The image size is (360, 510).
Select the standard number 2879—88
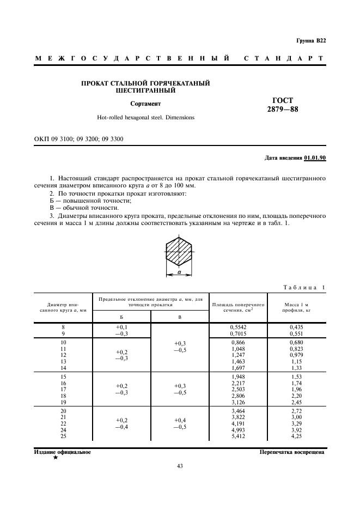click(x=283, y=109)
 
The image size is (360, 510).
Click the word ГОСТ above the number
click(x=283, y=100)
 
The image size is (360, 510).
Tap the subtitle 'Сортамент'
click(x=145, y=102)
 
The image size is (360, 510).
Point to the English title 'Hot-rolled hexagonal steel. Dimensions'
click(x=145, y=117)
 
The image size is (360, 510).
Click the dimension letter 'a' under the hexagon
click(x=178, y=271)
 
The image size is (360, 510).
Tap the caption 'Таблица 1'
click(x=304, y=288)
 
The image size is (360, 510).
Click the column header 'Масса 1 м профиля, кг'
click(x=296, y=307)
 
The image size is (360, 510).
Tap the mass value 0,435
click(x=296, y=326)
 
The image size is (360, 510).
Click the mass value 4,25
click(x=296, y=436)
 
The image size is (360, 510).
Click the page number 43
click(x=180, y=466)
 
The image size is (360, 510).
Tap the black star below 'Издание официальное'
click(x=55, y=458)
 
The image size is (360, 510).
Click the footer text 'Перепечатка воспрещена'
click(x=292, y=452)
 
